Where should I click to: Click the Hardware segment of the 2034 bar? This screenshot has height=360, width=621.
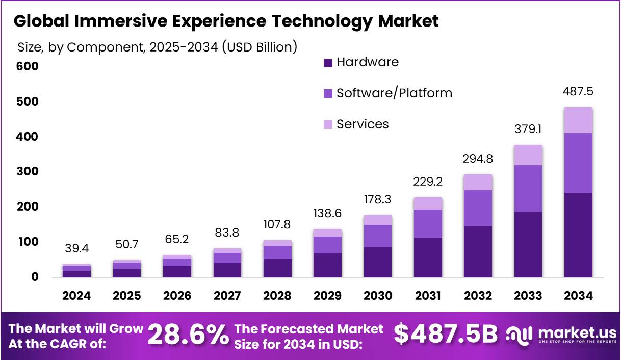(578, 235)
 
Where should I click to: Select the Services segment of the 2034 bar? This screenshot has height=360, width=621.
(578, 120)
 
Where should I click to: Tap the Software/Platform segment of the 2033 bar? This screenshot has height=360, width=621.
(528, 188)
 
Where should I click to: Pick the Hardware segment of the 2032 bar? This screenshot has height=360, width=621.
(478, 251)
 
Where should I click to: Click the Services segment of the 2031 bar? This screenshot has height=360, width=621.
(428, 203)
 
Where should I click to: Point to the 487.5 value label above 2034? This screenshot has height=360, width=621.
(578, 92)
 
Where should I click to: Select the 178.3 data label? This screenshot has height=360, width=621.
(378, 199)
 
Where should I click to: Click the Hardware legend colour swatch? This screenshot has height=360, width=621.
(328, 63)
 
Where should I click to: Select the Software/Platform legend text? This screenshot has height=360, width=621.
(394, 93)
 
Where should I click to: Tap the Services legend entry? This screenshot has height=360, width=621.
(363, 124)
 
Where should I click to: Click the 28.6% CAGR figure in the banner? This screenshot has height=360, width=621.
(188, 336)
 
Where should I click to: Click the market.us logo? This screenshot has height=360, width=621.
(561, 335)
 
